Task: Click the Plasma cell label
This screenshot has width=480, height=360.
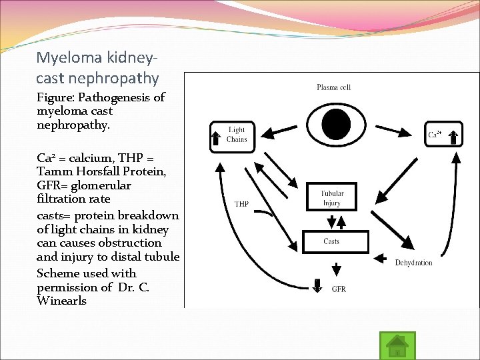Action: pyautogui.click(x=333, y=87)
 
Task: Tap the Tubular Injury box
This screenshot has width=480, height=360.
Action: pyautogui.click(x=331, y=199)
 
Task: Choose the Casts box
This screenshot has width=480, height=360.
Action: pyautogui.click(x=331, y=241)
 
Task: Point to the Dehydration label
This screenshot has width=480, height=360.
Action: pyautogui.click(x=413, y=263)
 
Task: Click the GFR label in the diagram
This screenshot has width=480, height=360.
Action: pyautogui.click(x=339, y=289)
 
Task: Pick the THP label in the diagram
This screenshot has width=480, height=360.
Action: pyautogui.click(x=241, y=204)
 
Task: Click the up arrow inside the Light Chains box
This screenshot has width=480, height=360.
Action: pyautogui.click(x=216, y=138)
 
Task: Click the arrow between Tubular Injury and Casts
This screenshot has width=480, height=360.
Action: pyautogui.click(x=331, y=221)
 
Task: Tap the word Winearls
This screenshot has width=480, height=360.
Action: pyautogui.click(x=62, y=301)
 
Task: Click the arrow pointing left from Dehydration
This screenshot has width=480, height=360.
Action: pyautogui.click(x=385, y=256)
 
